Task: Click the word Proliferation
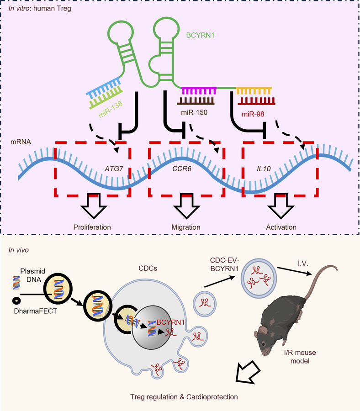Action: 93,227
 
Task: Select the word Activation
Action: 281,227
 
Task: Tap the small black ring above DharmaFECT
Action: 16,300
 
